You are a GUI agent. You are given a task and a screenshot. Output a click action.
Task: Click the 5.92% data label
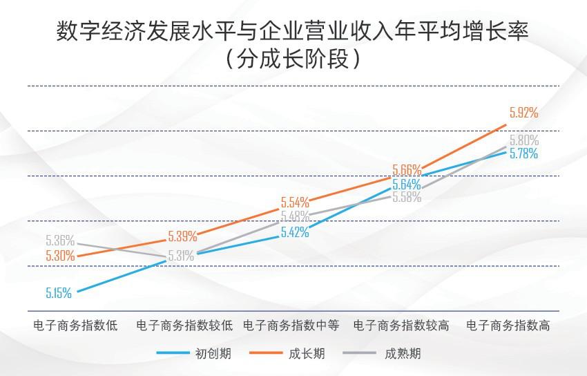point(523,113)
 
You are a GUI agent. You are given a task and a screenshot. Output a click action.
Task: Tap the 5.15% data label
point(59,292)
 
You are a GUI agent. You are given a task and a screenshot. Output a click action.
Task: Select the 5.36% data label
point(60,241)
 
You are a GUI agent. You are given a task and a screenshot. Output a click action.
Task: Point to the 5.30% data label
point(60,256)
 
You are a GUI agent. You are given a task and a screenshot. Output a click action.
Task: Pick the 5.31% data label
point(180,256)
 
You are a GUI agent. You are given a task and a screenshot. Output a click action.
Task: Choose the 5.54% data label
point(294,203)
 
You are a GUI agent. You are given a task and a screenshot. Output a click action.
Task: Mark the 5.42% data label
point(295,232)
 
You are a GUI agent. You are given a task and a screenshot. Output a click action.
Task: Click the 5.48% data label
point(295,216)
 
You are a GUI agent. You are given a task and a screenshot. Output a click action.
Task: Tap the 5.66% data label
point(407,169)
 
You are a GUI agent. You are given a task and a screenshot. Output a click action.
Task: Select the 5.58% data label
point(407,196)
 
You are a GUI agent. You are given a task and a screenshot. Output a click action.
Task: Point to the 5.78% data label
point(523,154)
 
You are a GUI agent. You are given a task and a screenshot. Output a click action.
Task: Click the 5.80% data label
point(523,140)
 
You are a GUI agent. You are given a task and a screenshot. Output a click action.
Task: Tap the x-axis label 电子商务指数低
point(76,326)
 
